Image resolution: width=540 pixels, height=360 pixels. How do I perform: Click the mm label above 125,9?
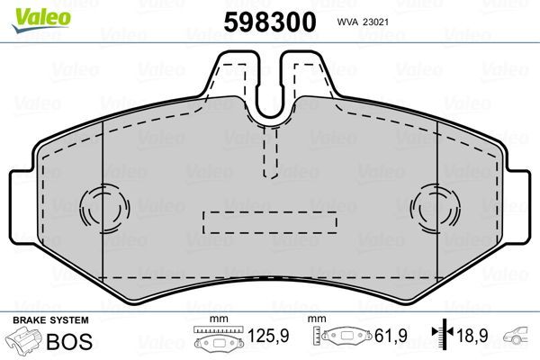(x=216, y=319)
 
